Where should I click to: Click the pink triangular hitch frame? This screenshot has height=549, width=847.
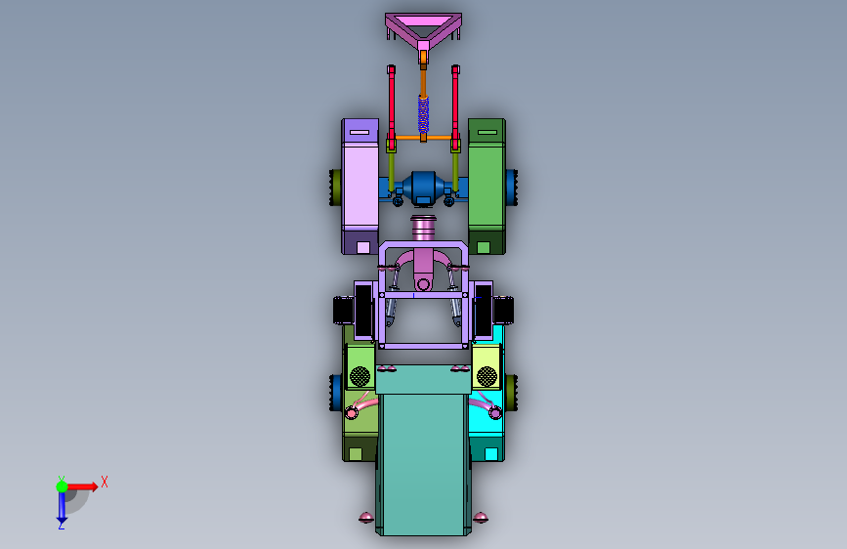point(423,21)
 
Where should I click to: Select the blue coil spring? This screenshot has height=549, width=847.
point(424,114)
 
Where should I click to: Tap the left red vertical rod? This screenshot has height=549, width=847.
point(391,103)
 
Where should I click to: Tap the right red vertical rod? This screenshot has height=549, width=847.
point(455,103)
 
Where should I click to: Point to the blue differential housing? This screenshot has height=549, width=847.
point(424,188)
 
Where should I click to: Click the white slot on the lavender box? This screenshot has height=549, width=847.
point(360,132)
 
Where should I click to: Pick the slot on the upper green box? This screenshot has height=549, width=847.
point(487,132)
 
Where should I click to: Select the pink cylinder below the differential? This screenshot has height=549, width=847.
point(424,228)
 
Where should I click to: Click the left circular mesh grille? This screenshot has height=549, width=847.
point(360,376)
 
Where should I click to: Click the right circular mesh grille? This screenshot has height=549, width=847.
point(487,376)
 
